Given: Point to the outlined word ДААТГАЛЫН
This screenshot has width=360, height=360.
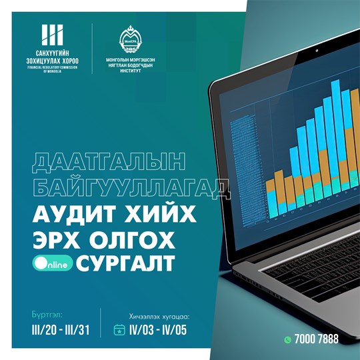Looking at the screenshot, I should pyautogui.click(x=94, y=164).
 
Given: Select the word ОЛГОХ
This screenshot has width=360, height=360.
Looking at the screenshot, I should pyautogui.click(x=131, y=238).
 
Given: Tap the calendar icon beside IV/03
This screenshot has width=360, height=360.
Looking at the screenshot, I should pyautogui.click(x=119, y=329).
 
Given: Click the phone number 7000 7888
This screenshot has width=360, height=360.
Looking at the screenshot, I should pyautogui.click(x=317, y=339).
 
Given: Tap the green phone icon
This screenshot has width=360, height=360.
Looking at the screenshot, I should pyautogui.click(x=288, y=339).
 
